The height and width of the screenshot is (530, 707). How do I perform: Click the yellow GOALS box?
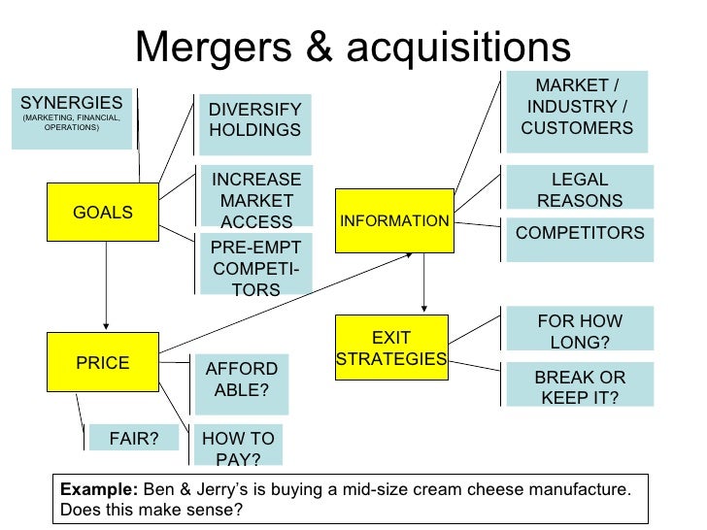(x=102, y=213)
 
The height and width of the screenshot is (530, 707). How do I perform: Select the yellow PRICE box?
(x=102, y=362)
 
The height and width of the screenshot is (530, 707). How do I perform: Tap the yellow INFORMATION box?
(x=394, y=220)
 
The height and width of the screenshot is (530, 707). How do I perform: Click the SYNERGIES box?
(x=71, y=117)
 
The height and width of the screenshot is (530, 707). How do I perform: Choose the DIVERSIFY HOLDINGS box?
(x=254, y=121)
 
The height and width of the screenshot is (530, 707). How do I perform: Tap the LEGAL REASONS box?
(x=579, y=189)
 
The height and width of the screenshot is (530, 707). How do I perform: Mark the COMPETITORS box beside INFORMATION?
(x=580, y=235)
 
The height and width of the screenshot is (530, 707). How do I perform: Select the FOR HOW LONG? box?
(x=580, y=330)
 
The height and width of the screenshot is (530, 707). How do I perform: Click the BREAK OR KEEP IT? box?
(x=580, y=386)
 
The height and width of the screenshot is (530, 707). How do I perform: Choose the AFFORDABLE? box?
(x=242, y=381)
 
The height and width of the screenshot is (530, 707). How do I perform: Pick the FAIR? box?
(x=134, y=439)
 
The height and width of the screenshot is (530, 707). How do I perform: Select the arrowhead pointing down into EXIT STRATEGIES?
(x=424, y=309)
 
